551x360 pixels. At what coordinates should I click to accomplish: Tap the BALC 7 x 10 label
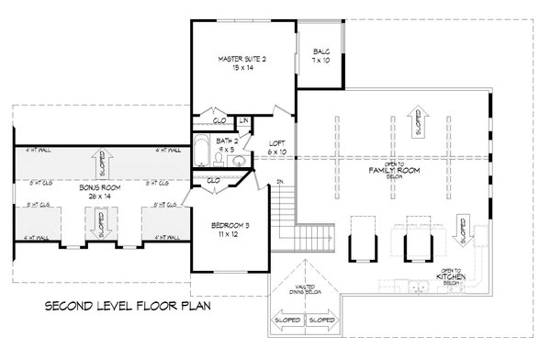(x=321, y=56)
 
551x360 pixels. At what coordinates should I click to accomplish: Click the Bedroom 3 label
(x=226, y=231)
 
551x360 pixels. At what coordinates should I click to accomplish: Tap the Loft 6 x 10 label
(x=275, y=145)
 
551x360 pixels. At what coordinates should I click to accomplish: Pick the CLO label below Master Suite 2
(x=219, y=120)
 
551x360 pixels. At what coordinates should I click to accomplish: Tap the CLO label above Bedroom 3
(x=213, y=180)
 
